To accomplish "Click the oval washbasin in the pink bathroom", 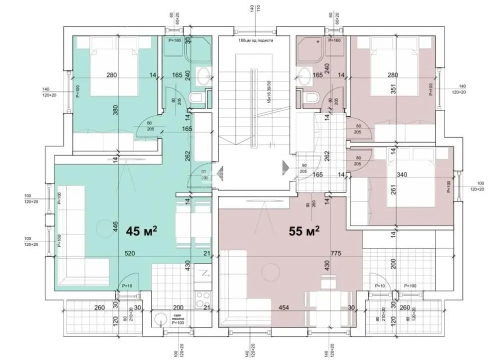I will (x=303, y=76).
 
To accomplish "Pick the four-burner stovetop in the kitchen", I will (x=203, y=299).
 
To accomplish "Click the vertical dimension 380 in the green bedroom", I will (x=115, y=112).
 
